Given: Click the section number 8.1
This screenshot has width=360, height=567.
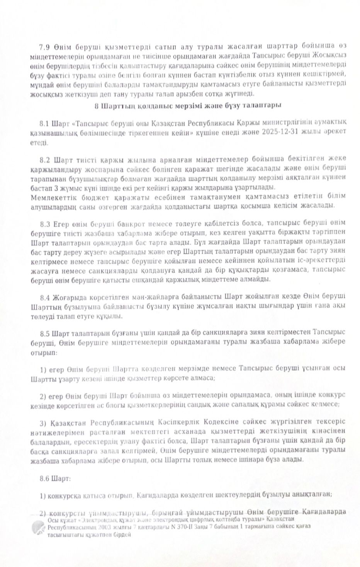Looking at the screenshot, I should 45,124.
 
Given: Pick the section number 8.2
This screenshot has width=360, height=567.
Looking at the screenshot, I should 45,159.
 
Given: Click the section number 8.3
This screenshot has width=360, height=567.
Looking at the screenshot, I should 45,223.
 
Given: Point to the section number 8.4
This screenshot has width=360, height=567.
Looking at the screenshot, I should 45,297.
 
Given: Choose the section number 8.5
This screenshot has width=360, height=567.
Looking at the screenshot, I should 45,332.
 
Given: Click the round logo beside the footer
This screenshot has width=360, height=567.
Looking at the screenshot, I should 39,527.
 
